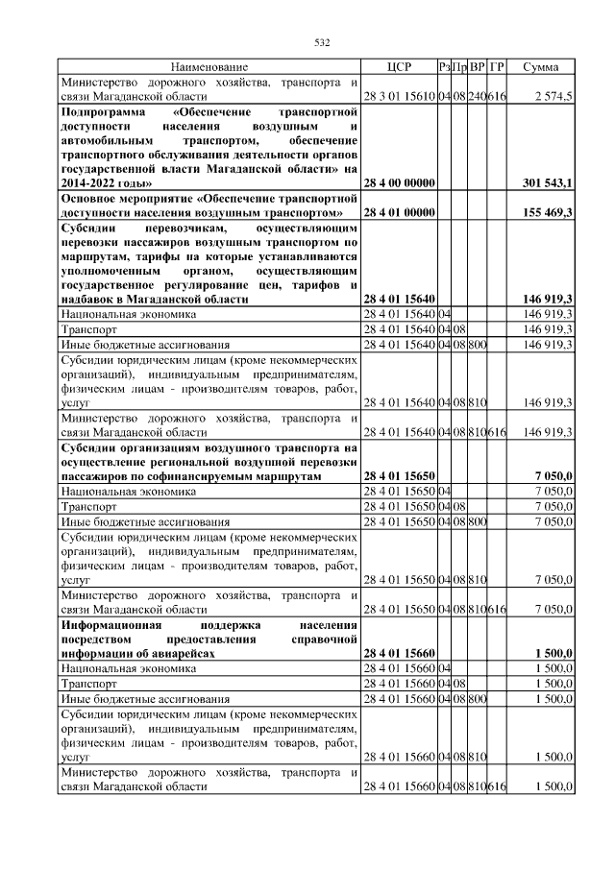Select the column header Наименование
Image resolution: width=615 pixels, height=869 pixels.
pyautogui.click(x=209, y=67)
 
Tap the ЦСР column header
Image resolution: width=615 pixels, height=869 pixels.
pyautogui.click(x=399, y=67)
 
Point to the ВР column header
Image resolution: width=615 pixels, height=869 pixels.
pyautogui.click(x=477, y=67)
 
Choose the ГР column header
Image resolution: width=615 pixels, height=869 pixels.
pyautogui.click(x=496, y=67)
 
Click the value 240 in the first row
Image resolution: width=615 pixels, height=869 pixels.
pyautogui.click(x=477, y=97)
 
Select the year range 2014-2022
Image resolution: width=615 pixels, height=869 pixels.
pyautogui.click(x=91, y=181)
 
